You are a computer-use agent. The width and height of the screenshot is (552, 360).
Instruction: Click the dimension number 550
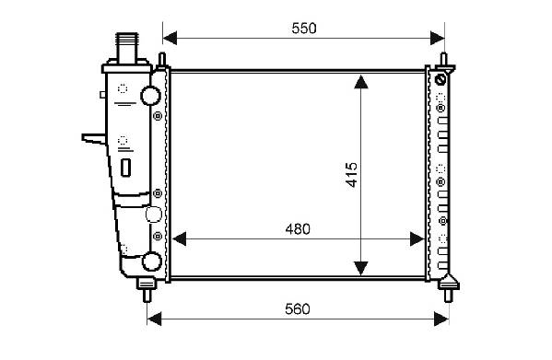point(304,29)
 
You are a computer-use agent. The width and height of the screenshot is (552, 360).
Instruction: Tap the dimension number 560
point(298,309)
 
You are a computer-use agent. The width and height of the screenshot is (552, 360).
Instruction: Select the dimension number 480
point(298,229)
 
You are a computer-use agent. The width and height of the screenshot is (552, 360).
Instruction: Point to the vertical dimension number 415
point(351,175)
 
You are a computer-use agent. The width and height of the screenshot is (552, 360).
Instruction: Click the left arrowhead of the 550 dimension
point(170,38)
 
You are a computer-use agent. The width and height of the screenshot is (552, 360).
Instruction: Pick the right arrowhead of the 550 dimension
point(438,38)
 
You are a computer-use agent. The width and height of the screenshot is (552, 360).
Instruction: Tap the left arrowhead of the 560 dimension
point(154,319)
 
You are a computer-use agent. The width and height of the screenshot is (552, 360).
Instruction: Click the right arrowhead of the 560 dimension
point(441,319)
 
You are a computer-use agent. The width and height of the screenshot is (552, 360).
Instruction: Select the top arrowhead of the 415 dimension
point(361,82)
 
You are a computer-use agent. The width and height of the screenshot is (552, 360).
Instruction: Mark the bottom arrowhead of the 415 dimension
point(361,268)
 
